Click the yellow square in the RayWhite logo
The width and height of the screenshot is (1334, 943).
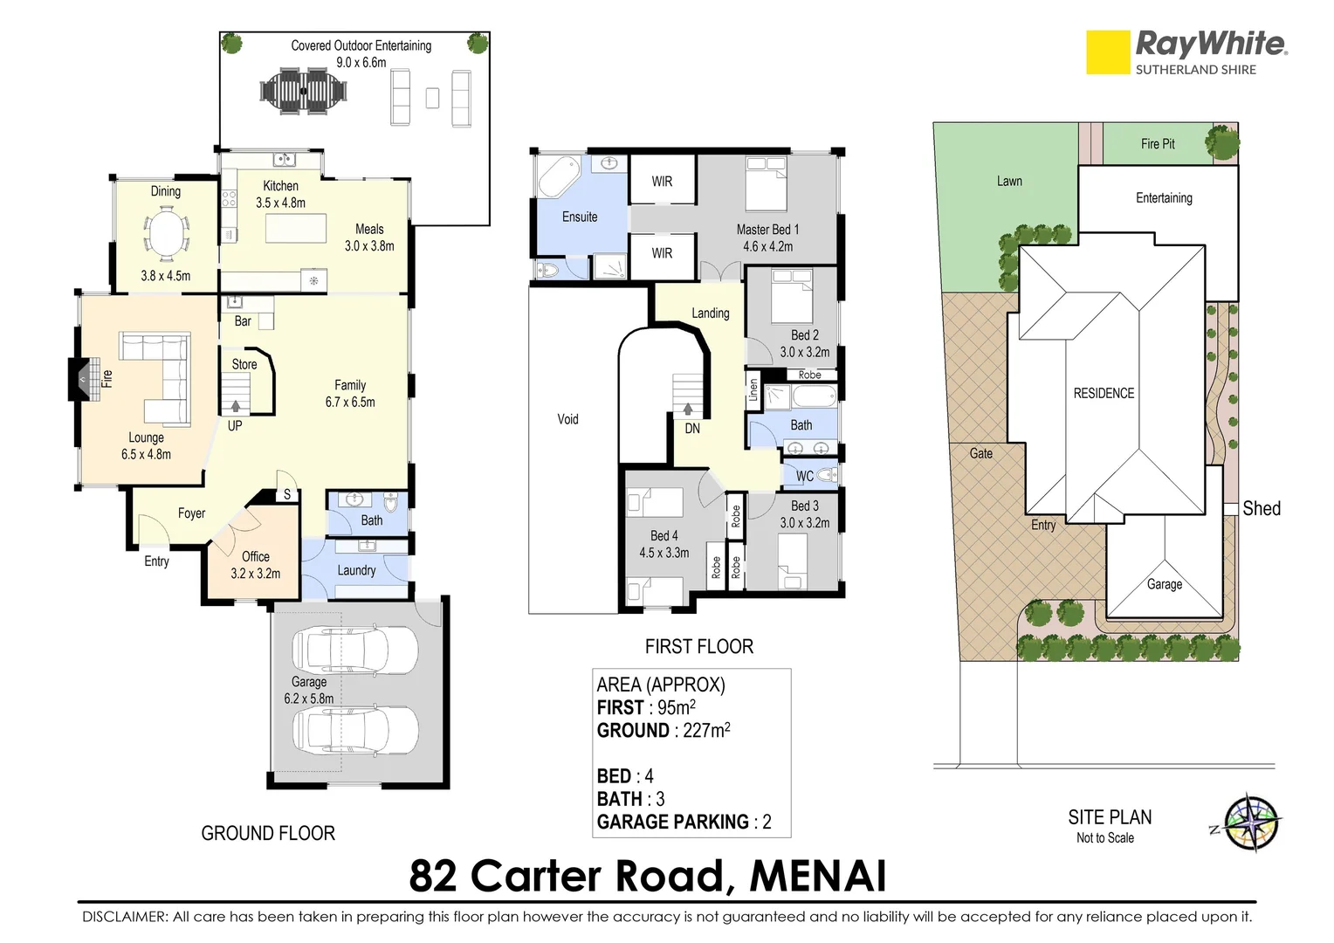[x=1107, y=52]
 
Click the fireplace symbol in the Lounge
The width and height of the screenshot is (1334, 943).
[x=82, y=379]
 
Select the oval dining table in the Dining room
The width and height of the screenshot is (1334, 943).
[x=166, y=235]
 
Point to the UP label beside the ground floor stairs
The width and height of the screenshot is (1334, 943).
[x=235, y=426]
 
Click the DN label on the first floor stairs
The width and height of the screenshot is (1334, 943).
[x=691, y=429]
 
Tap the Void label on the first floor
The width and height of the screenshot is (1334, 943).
[x=567, y=419]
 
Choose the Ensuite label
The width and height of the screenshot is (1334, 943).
[x=580, y=217]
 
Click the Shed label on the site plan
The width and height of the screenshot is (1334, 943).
[x=1261, y=508]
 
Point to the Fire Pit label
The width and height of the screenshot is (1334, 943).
[x=1157, y=144]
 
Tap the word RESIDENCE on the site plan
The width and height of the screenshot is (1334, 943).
[x=1104, y=393]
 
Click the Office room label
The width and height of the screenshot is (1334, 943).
[x=255, y=556]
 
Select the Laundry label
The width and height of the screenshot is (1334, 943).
[x=356, y=570]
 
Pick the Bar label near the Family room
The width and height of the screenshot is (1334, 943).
[x=243, y=321]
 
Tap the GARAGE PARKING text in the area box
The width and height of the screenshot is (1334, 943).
[x=672, y=822]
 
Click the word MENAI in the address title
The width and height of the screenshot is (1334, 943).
[x=817, y=876]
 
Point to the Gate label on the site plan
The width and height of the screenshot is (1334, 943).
[x=980, y=453]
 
